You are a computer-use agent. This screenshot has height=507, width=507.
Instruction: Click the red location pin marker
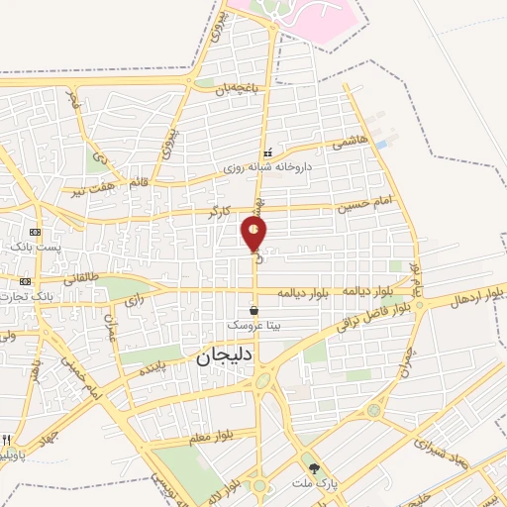pos(253,234)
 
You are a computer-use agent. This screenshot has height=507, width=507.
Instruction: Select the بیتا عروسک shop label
pos(254,325)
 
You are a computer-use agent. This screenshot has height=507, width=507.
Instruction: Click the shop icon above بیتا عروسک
pos(254,310)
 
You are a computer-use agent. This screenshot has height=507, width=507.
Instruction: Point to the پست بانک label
pos(45,244)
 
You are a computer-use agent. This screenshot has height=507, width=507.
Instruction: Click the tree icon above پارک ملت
pos(315,469)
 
